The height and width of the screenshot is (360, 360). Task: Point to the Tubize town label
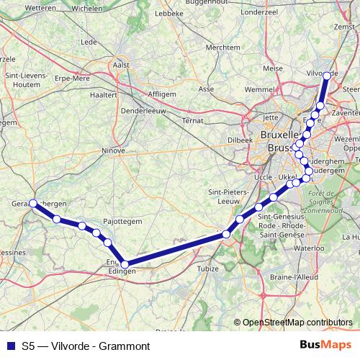[x=207, y=269]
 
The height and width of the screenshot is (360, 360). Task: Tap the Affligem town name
[x=162, y=94]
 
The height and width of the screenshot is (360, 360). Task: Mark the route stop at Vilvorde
[x=327, y=76]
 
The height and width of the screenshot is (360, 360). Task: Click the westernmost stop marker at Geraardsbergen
[x=33, y=203]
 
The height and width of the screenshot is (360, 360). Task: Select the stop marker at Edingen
[x=125, y=264]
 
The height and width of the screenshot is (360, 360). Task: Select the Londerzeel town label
[x=259, y=12]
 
